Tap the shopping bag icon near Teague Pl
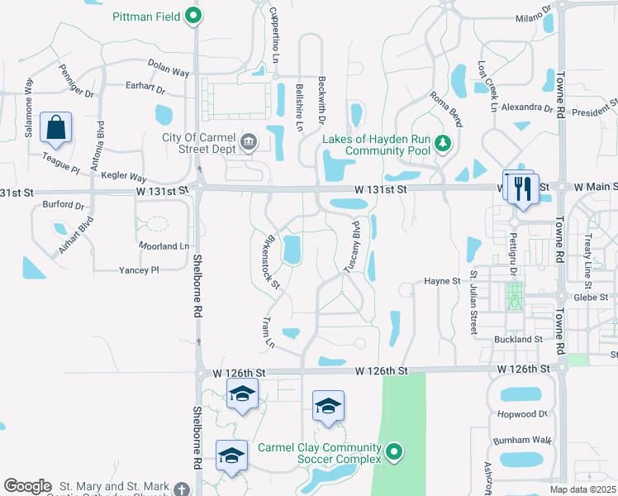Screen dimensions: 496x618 point(55,127)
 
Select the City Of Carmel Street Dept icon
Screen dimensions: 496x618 point(247,144)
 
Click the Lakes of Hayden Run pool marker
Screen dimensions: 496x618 point(444,145)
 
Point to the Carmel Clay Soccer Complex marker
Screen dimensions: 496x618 point(395,452)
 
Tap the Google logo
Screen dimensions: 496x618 point(27,486)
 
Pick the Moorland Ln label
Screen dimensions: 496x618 point(164,246)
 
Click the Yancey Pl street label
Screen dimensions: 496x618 point(138,270)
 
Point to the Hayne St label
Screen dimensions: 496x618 point(442,282)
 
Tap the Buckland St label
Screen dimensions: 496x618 point(517,340)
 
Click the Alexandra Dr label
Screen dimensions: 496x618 point(526,108)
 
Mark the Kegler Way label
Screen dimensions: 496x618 point(124,177)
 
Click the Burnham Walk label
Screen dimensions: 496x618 point(521,441)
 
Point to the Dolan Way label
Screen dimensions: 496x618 point(169,64)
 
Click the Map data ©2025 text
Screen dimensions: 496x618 point(582,489)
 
